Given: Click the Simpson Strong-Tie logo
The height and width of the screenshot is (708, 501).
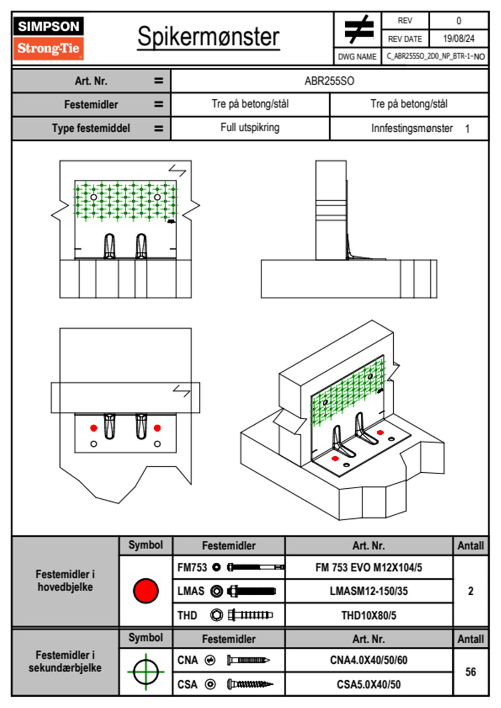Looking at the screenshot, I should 48,38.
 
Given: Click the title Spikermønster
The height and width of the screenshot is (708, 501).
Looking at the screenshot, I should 208,37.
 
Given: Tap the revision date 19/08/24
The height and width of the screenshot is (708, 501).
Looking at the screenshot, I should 458,39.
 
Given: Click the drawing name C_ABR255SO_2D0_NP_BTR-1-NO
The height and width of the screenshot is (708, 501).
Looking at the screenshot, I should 435,56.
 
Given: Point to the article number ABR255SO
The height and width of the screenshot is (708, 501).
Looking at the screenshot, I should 329,81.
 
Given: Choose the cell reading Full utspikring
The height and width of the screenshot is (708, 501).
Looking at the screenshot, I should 250,128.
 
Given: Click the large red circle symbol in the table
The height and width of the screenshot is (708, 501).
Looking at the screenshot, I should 146,591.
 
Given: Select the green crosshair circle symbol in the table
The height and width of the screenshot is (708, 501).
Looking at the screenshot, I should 146,671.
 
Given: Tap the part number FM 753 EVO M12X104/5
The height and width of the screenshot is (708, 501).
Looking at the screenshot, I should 368,567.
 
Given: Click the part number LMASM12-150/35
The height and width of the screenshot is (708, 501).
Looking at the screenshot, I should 368,591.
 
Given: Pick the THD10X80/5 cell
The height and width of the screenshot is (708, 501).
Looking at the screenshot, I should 368,615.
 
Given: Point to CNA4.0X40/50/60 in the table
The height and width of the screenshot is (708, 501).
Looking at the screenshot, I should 368,660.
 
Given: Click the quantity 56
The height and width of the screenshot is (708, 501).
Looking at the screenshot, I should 470,672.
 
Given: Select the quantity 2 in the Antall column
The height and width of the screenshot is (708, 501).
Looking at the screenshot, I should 470,591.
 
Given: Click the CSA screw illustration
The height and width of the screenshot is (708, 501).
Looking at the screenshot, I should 250,684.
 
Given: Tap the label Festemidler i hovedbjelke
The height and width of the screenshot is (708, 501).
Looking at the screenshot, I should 65,580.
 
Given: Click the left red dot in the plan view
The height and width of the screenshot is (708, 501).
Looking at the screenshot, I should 94,428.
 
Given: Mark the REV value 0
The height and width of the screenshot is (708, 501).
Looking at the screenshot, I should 458,21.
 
